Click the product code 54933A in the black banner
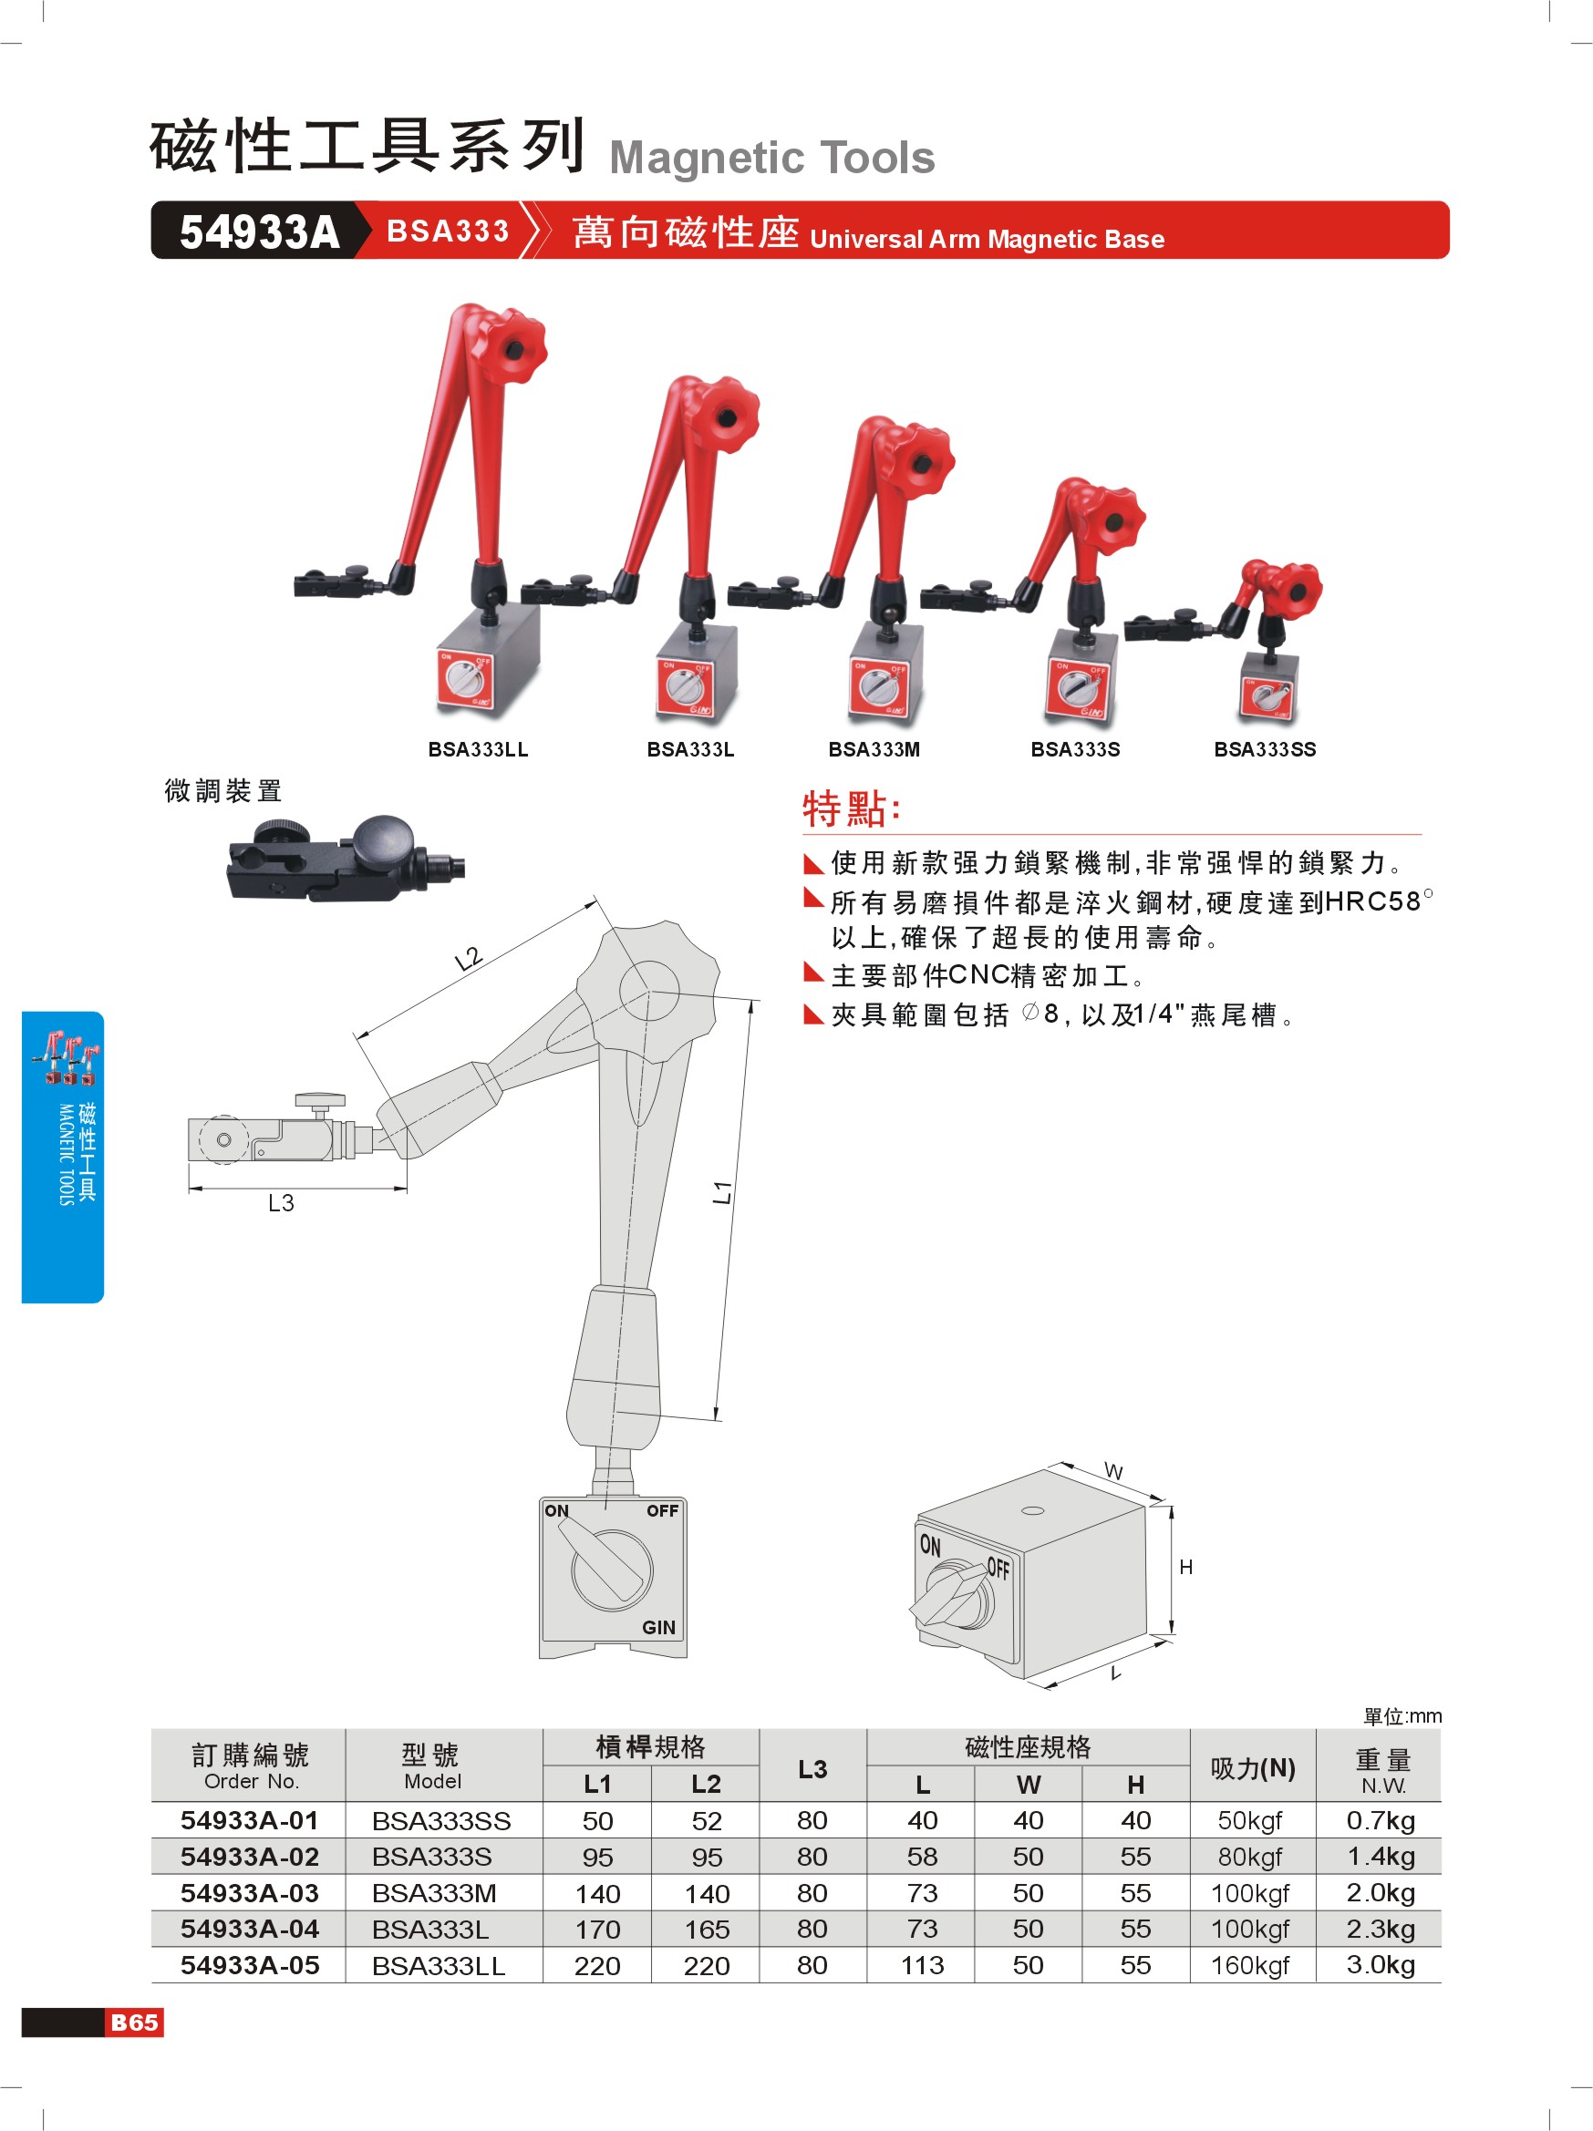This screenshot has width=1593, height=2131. click(259, 232)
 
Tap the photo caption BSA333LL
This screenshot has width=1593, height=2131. click(478, 749)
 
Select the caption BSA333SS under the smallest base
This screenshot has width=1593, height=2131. click(1265, 749)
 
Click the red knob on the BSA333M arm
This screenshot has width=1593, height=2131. click(915, 460)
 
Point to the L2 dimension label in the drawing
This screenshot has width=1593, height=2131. click(468, 958)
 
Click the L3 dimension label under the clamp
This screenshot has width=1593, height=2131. click(281, 1202)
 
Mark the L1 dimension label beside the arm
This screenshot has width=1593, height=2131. click(722, 1191)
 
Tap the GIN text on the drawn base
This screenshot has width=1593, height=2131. click(658, 1627)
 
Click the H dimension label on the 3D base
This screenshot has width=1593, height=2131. click(1185, 1568)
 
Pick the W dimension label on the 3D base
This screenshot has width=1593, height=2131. click(1113, 1471)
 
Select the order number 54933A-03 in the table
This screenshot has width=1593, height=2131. click(250, 1893)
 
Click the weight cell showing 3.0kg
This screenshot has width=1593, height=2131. click(1380, 1965)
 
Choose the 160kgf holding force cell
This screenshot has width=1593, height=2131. click(1250, 1965)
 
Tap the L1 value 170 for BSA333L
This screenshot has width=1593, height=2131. click(597, 1930)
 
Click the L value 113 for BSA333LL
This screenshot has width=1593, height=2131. click(922, 1965)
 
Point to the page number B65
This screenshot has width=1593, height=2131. click(134, 2023)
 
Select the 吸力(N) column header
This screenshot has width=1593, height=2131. click(1253, 1768)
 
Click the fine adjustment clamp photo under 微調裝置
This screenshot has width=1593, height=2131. click(345, 859)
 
